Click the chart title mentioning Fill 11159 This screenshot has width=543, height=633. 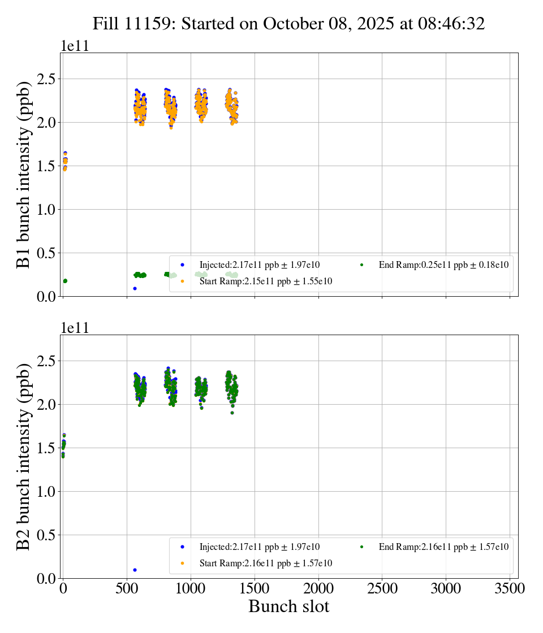[288, 24]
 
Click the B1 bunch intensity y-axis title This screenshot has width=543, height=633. [24, 175]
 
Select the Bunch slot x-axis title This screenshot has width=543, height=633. [288, 606]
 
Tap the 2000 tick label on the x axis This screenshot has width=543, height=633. [318, 589]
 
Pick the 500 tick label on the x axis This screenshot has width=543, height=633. [127, 589]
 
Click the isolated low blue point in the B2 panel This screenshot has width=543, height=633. [135, 570]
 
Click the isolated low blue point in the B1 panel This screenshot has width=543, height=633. [135, 288]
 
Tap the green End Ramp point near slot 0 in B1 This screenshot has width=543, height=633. [65, 281]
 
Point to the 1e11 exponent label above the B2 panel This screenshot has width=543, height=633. [75, 329]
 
